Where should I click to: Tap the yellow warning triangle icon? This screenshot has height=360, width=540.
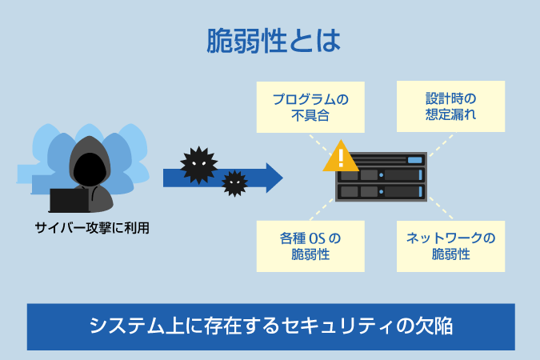pos(341,156)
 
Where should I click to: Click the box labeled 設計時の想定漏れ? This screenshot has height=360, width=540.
pos(450,106)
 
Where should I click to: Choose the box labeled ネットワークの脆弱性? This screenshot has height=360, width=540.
pos(450,246)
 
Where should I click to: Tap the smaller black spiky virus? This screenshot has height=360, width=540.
pos(234,183)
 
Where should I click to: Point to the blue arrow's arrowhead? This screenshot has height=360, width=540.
pos(274,177)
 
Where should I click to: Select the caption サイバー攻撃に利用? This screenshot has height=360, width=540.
pos(92,228)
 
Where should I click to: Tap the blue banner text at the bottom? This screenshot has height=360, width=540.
pos(270,326)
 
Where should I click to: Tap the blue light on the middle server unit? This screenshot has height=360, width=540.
pos(382,176)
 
